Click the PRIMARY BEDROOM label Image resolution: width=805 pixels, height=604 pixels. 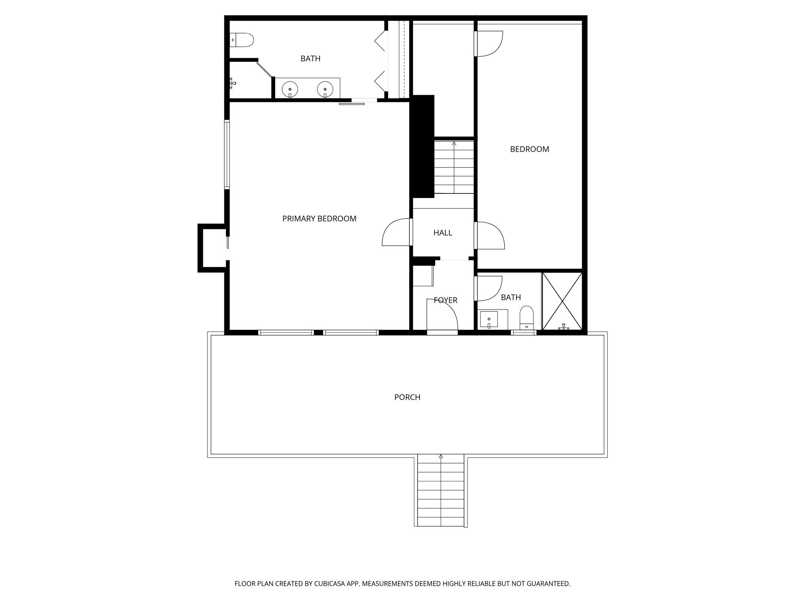(x=319, y=219)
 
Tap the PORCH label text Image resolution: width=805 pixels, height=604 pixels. (x=407, y=397)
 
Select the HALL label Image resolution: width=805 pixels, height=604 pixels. (x=443, y=233)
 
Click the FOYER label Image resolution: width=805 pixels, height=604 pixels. (x=445, y=300)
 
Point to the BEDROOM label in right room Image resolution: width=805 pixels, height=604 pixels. (x=529, y=149)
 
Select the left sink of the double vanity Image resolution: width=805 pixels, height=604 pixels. (x=290, y=89)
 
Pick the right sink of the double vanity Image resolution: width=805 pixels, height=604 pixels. (x=325, y=89)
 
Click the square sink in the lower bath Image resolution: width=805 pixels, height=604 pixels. (x=489, y=319)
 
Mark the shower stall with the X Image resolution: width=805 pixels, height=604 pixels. (x=562, y=301)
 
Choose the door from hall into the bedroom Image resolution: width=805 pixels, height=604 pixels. (x=489, y=235)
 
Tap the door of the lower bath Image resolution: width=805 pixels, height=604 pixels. (x=489, y=288)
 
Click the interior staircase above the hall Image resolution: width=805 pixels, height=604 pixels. (x=454, y=167)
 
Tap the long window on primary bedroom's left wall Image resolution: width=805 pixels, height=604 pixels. (x=227, y=154)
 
